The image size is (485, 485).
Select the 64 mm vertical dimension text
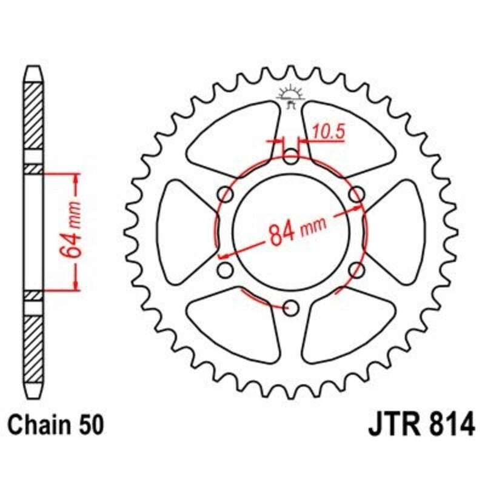(72, 231)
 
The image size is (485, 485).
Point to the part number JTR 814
(421, 424)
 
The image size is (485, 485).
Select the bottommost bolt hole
(292, 308)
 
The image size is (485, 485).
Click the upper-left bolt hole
(227, 195)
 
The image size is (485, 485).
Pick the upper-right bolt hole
(358, 194)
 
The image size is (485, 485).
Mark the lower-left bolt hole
(225, 269)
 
